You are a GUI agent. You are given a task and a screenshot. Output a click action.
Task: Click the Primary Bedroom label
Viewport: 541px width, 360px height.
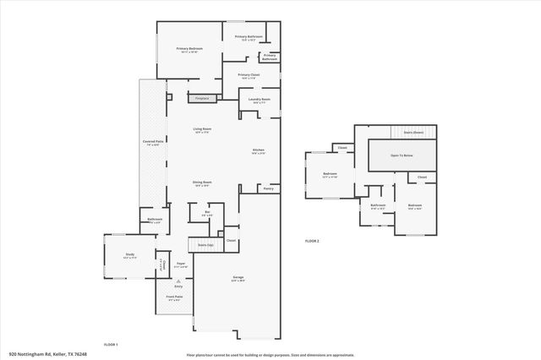(189, 49)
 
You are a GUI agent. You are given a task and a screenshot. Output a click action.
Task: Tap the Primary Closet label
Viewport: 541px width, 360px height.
(249, 76)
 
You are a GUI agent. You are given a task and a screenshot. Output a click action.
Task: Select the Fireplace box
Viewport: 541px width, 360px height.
(203, 98)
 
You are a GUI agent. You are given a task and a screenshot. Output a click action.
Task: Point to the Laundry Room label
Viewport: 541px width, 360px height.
(260, 100)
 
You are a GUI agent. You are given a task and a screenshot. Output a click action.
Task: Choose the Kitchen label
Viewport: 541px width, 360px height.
(260, 151)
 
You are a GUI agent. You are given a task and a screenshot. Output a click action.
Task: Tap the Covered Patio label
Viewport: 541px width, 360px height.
(153, 142)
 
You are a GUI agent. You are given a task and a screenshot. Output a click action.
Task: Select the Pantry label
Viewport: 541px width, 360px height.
(268, 188)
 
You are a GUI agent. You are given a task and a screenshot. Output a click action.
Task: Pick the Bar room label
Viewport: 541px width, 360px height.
(206, 213)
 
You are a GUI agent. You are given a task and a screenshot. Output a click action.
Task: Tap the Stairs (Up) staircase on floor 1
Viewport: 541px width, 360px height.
(205, 245)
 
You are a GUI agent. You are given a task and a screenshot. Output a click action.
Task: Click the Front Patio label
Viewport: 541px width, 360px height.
(174, 297)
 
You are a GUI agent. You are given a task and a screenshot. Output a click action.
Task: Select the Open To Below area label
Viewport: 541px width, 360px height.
(402, 155)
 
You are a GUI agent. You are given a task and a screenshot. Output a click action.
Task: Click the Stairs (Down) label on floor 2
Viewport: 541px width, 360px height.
(413, 133)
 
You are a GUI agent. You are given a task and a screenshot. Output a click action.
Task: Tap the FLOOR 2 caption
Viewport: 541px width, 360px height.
(313, 242)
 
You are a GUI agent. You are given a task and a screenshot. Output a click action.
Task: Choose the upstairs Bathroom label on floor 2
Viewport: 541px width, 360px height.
(378, 205)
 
